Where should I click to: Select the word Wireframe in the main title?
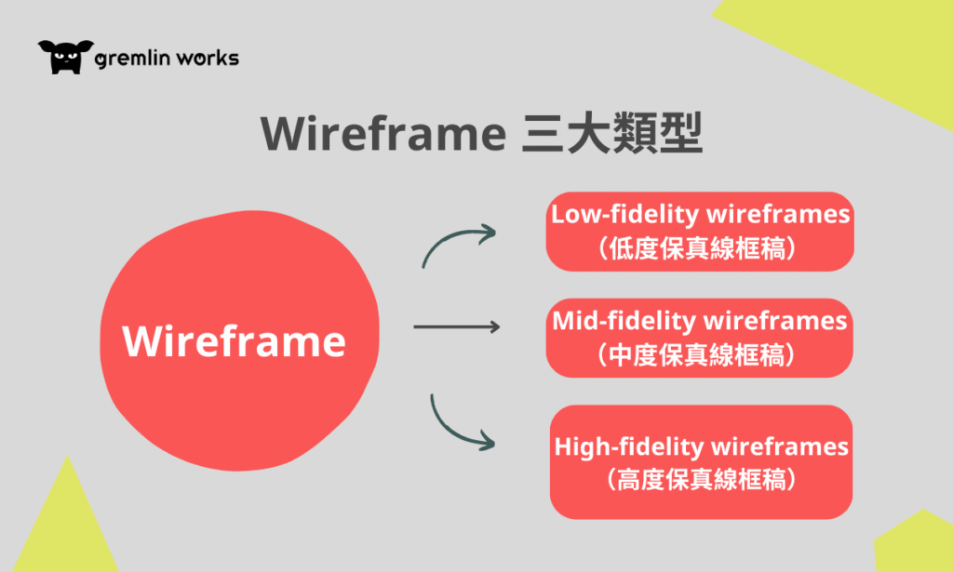click(x=383, y=134)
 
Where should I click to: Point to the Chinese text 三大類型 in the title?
click(x=612, y=133)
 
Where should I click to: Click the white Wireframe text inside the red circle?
click(x=234, y=340)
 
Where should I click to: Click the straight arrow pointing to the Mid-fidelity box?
click(x=456, y=326)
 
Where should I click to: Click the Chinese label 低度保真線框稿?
click(x=698, y=248)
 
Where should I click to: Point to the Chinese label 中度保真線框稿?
click(x=696, y=355)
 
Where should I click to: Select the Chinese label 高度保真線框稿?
click(x=702, y=480)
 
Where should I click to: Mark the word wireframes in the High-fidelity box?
click(x=780, y=447)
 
